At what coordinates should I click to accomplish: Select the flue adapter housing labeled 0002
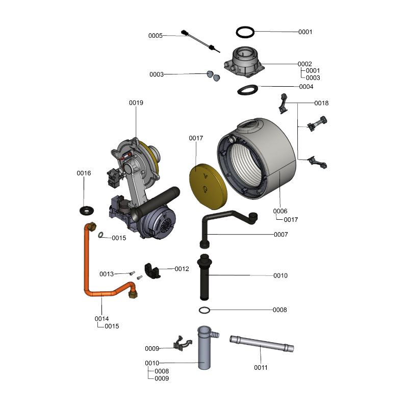(245, 63)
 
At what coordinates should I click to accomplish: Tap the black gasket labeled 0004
(248, 90)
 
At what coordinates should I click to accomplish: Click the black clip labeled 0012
(152, 270)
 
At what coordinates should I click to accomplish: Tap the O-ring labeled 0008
(204, 310)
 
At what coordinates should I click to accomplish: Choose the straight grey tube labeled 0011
(262, 345)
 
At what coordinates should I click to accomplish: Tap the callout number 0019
(136, 103)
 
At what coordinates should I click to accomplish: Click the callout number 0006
(280, 211)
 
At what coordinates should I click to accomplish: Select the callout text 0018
(321, 103)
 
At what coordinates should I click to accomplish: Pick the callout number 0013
(107, 274)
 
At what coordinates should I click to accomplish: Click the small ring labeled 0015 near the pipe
(102, 236)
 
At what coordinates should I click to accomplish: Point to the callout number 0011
(261, 367)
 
